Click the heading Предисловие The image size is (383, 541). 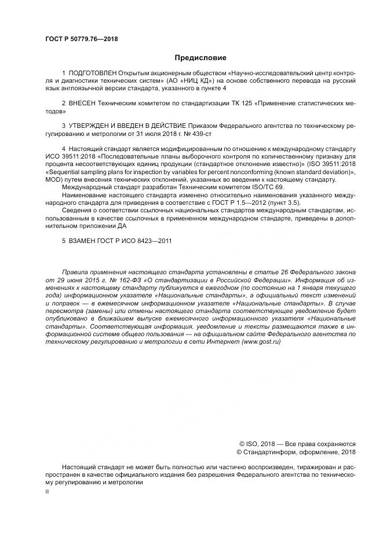[x=200, y=58]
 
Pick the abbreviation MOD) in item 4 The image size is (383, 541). [x=56, y=179]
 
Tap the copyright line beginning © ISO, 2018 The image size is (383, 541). [x=293, y=443]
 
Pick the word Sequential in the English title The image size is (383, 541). [x=65, y=172]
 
